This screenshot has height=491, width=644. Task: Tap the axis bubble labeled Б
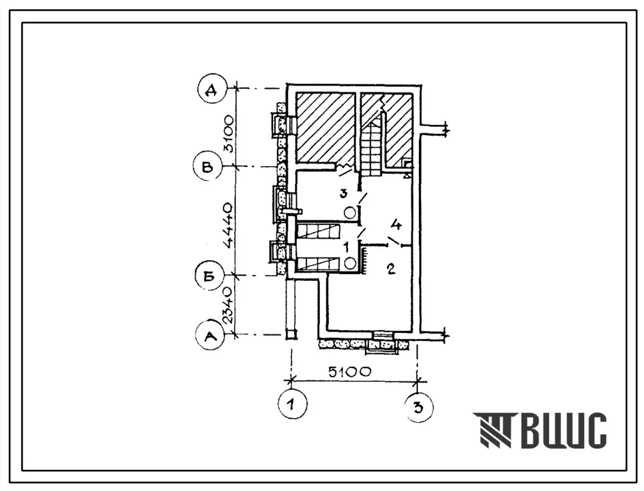coord(209,276)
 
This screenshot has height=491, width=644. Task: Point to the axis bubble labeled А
coord(210,336)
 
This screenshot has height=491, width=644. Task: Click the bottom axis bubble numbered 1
coord(292,404)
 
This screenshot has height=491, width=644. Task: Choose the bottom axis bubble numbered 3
coord(418,407)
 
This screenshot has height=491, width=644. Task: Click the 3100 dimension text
coord(228,134)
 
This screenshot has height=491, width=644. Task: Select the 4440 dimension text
coord(228,225)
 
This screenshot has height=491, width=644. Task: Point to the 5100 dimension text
coord(350,372)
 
